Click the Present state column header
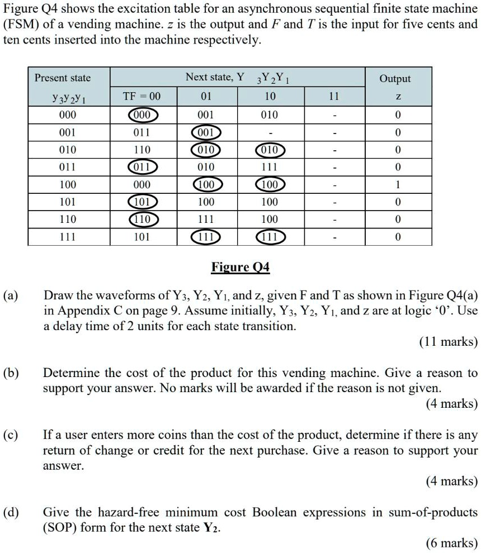click(x=63, y=78)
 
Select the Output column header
click(x=395, y=79)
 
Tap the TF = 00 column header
click(x=142, y=96)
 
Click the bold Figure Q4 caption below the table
click(x=240, y=268)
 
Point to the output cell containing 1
click(x=398, y=184)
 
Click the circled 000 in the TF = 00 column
click(x=142, y=115)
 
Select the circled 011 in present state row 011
click(x=142, y=167)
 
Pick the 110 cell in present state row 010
click(x=142, y=150)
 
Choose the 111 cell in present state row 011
click(x=270, y=167)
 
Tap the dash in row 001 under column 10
click(x=270, y=133)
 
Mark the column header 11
click(x=334, y=96)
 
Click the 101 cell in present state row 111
click(x=142, y=236)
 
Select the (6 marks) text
click(x=452, y=542)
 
